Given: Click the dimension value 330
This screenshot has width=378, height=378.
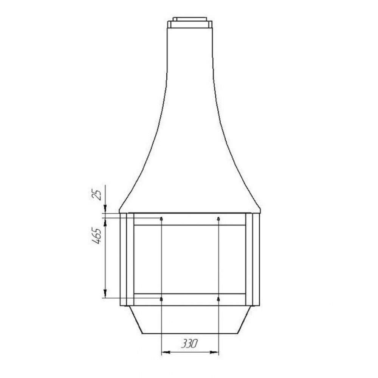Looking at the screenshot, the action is (189, 344).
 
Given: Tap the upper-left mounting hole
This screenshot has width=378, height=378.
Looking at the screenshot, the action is (161, 218).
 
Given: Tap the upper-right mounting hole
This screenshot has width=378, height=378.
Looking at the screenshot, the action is (218, 218).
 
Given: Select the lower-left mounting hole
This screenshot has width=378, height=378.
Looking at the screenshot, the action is (161, 299).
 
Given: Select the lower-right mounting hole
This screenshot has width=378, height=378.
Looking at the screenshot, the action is (218, 299).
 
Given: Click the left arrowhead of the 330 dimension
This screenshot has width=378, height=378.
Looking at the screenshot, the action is (166, 352).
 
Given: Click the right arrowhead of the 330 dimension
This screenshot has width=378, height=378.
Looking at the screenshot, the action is (214, 352).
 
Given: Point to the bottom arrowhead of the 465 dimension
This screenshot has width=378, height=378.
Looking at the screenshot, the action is (105, 293).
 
